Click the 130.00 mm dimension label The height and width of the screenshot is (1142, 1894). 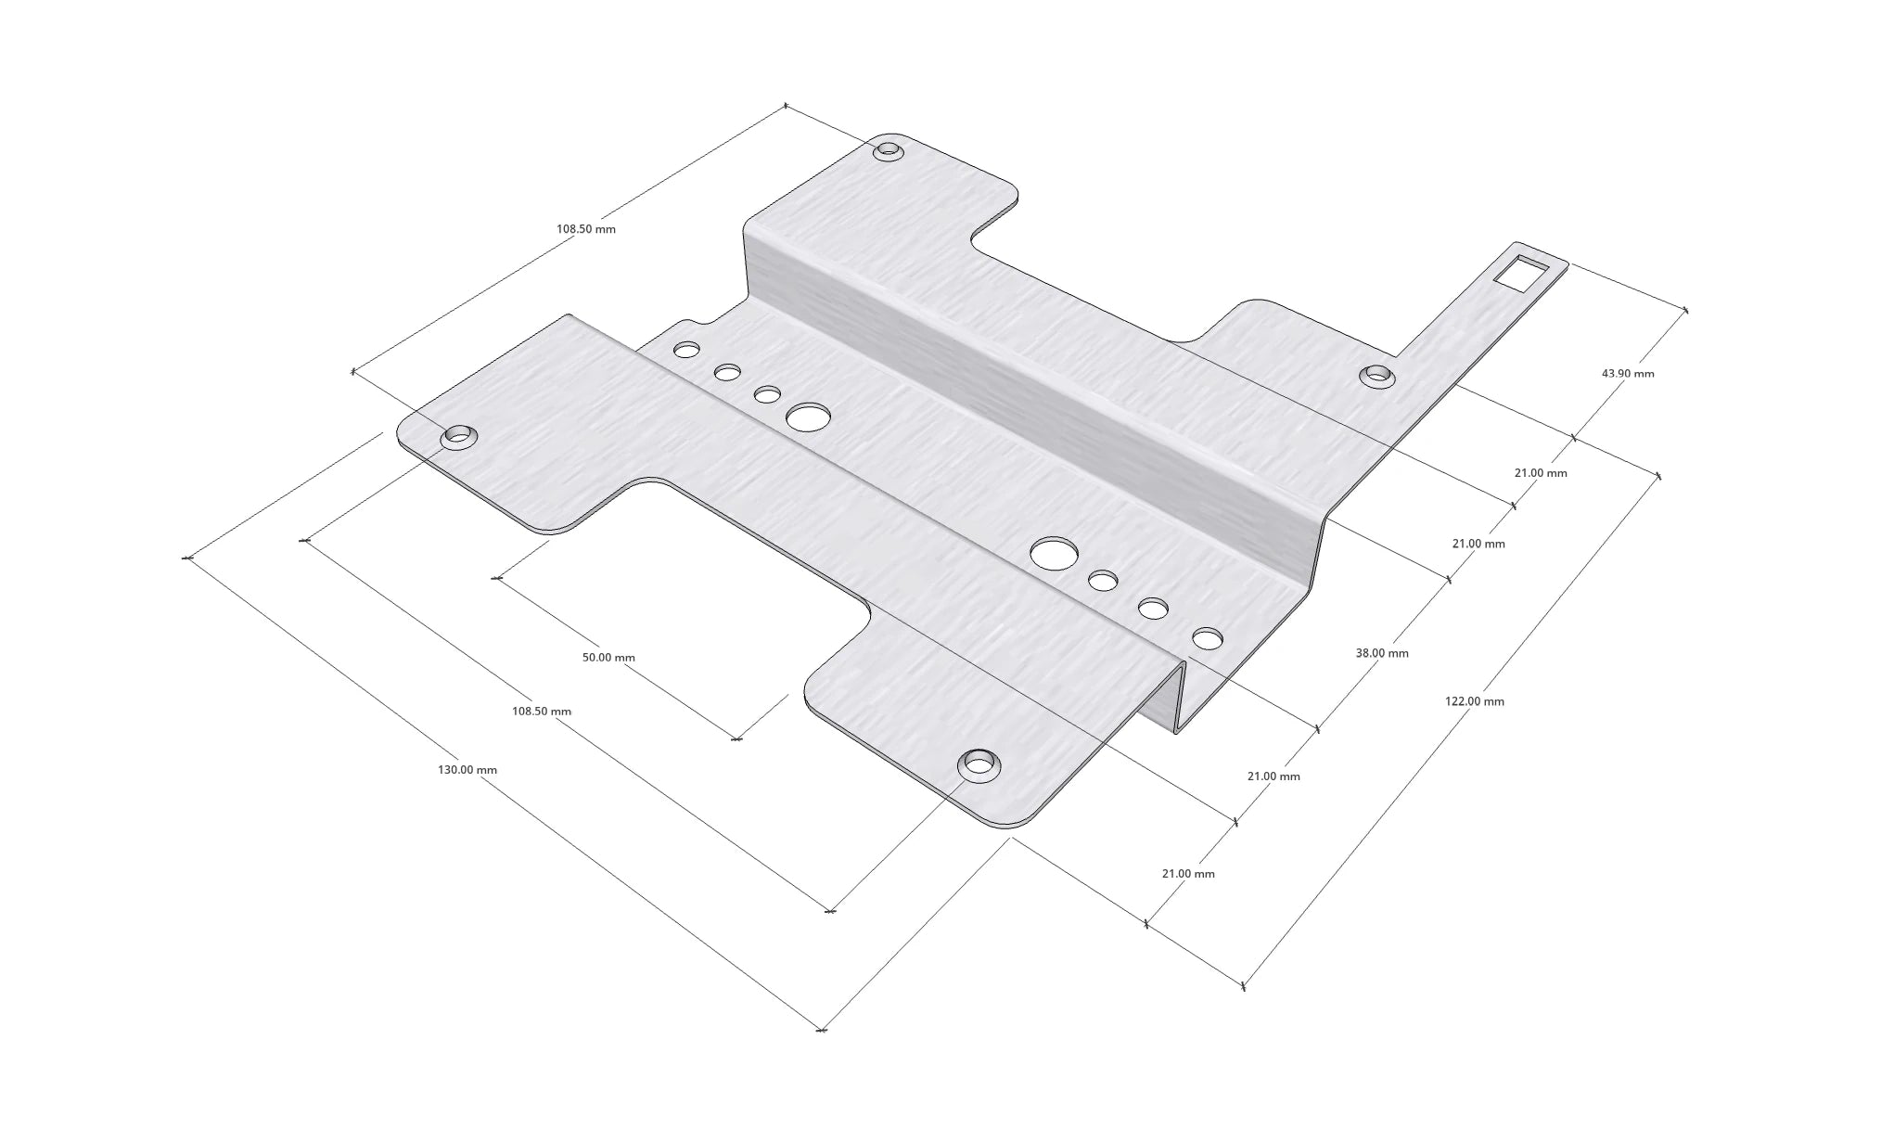(x=467, y=770)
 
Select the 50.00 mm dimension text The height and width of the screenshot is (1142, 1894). (x=608, y=658)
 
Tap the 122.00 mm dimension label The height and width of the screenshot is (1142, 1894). (x=1475, y=701)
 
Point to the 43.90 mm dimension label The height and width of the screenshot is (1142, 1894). (x=1628, y=373)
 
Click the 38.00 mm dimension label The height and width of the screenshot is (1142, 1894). (x=1382, y=653)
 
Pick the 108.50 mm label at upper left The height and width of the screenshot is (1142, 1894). (x=586, y=229)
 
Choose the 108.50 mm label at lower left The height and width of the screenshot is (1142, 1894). (x=542, y=712)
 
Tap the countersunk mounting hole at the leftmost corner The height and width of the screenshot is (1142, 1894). (x=457, y=435)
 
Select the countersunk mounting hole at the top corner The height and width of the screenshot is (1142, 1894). (x=889, y=149)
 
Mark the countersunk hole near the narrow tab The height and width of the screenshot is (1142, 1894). (x=1377, y=375)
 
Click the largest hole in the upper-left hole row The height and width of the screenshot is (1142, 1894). (x=808, y=417)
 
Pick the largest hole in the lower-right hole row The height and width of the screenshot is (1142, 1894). (x=1054, y=553)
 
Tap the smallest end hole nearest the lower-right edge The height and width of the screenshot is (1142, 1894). (x=1208, y=638)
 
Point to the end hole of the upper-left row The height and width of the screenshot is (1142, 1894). (x=686, y=350)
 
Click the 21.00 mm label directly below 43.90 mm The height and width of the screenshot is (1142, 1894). (x=1541, y=473)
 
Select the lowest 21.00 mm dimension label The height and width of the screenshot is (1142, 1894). (x=1188, y=874)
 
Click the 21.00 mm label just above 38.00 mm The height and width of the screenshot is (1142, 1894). (x=1478, y=544)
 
